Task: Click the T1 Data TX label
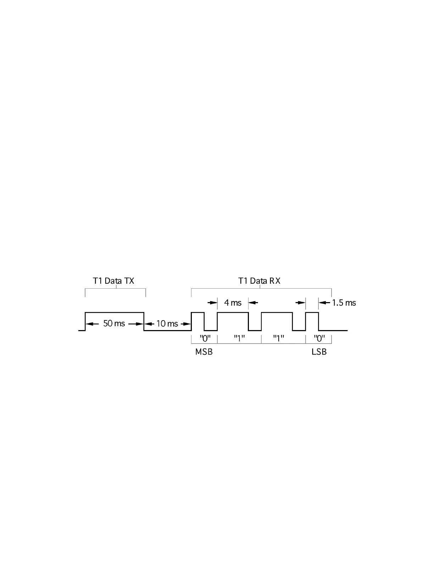[x=113, y=281]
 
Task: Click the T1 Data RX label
[x=259, y=281]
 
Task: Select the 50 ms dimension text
[x=114, y=323]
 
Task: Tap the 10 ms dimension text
[x=167, y=323]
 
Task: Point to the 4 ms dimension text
[x=233, y=303]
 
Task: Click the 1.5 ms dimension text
[x=344, y=303]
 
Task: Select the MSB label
[x=204, y=352]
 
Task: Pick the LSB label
[x=319, y=352]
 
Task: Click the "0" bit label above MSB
[x=205, y=338]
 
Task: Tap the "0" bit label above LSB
[x=319, y=338]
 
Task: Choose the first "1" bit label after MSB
[x=239, y=338]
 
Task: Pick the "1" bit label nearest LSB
[x=279, y=338]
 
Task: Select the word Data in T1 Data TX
[x=113, y=281]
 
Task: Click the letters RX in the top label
[x=275, y=281]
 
